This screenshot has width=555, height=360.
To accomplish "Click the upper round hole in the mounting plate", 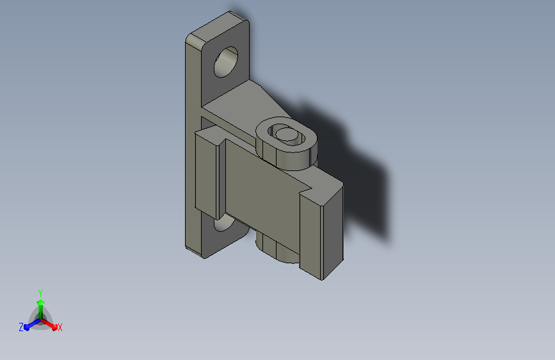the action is coord(226,61).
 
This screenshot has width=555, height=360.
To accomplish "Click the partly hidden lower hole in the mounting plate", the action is coord(223,224).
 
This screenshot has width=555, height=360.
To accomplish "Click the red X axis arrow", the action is coord(49,324).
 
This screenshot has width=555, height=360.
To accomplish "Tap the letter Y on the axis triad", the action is coord(40,293).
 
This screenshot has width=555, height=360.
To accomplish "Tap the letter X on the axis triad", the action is coord(60,328).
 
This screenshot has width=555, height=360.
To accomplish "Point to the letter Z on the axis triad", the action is coord(21,327).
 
